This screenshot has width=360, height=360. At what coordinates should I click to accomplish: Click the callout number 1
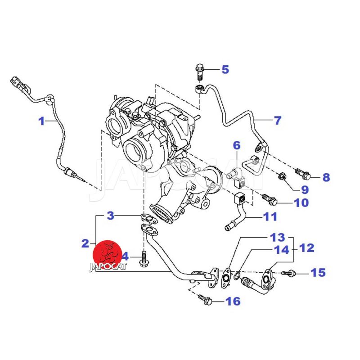(41, 121)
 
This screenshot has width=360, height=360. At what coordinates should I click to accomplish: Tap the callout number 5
(225, 69)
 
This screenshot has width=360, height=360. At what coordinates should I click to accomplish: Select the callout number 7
(278, 121)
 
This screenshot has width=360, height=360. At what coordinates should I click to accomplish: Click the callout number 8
(325, 177)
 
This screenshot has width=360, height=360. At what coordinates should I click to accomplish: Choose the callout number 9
(305, 189)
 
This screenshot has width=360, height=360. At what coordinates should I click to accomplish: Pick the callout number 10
(301, 202)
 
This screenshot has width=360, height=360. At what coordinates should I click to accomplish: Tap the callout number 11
(270, 217)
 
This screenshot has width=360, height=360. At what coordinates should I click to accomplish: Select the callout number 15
(318, 272)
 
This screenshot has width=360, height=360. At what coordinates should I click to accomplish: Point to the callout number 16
(233, 301)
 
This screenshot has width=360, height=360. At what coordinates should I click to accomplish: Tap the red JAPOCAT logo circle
(106, 255)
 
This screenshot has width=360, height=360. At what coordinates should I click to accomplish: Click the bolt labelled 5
(199, 71)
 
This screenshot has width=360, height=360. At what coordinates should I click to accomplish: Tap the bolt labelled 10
(270, 198)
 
